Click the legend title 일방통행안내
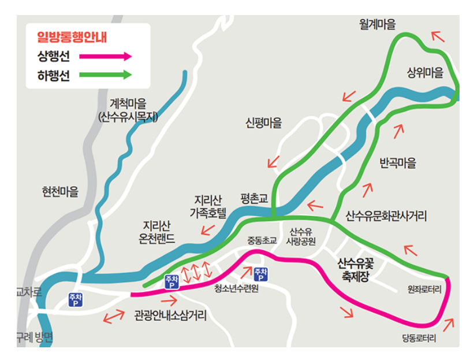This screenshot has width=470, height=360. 72,38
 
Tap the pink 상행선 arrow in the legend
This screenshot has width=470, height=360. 106,56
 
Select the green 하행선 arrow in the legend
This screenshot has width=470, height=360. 106,75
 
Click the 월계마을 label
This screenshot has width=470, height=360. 378,24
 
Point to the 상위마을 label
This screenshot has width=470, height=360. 426,73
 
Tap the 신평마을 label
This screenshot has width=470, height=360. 264,123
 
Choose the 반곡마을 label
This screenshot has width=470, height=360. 398,163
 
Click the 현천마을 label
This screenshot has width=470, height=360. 60,192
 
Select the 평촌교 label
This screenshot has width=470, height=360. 255,198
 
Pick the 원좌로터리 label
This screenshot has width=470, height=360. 424,289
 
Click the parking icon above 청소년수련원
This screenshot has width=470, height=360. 260,274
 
